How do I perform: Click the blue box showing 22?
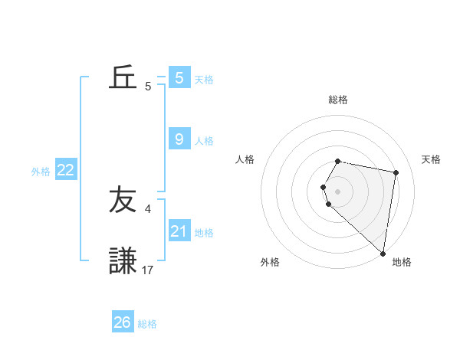pos(65,171)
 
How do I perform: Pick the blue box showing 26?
pos(123,322)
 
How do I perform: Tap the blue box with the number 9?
pos(179,139)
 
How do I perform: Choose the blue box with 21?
pos(179,231)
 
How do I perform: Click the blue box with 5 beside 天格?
pos(179,77)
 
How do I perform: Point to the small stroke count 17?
pos(148,270)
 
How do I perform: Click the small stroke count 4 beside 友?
pos(148,208)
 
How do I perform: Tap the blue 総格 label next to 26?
pos(147,324)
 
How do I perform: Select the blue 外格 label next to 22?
pos(41,172)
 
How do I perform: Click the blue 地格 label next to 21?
pos(204,233)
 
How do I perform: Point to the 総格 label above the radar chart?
pos(338,100)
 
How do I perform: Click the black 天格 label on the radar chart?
pos(432,159)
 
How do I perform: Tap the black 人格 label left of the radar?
pos(245,159)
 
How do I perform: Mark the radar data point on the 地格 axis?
pos(383,253)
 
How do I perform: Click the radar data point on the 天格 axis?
pos(396,172)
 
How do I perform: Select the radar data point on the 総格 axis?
pos(338,161)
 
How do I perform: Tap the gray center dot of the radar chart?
pos(338,191)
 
